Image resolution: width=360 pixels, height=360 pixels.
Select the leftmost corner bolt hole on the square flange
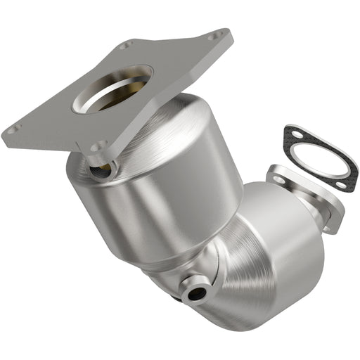pos(12,129)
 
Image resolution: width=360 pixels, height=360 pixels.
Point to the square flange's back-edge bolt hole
pos(125,46)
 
